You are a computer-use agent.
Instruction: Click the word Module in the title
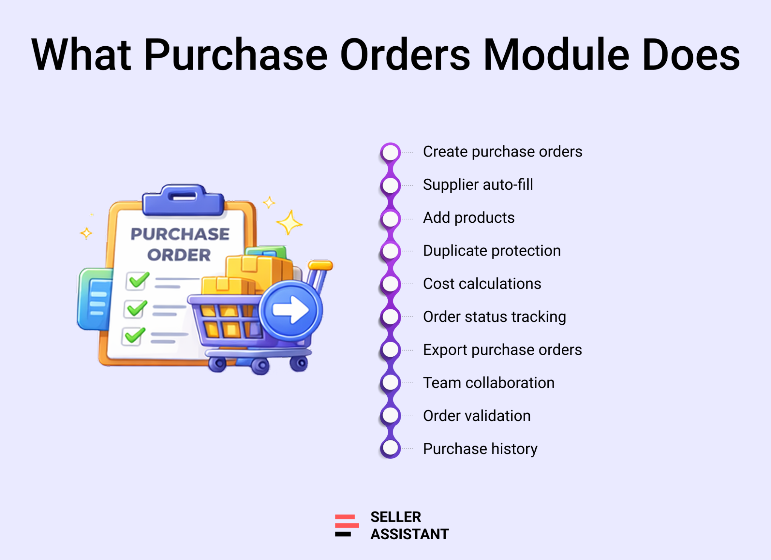(x=556, y=55)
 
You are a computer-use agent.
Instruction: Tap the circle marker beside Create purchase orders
(x=390, y=152)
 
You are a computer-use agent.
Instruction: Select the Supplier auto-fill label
(x=478, y=185)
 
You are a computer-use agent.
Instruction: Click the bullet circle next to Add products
(x=390, y=218)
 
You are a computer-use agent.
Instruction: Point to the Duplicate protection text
(x=492, y=251)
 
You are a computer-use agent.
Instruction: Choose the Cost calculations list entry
(x=482, y=284)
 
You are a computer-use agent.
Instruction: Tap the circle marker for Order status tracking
(x=390, y=317)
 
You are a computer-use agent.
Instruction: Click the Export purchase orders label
(x=502, y=350)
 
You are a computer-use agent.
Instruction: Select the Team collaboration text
(x=489, y=383)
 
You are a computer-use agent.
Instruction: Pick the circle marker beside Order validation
(x=390, y=415)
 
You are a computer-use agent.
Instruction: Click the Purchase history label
(x=480, y=449)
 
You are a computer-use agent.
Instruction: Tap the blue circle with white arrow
(x=290, y=310)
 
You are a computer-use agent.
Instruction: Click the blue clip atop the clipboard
(x=183, y=200)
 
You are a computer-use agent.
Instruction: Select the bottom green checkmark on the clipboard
(x=134, y=335)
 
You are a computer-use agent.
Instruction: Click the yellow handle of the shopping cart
(x=320, y=265)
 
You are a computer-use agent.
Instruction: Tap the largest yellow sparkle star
(x=289, y=222)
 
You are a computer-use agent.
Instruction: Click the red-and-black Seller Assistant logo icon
(x=347, y=525)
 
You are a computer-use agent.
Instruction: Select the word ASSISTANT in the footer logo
(x=410, y=534)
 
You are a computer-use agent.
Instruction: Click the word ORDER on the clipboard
(x=179, y=255)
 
